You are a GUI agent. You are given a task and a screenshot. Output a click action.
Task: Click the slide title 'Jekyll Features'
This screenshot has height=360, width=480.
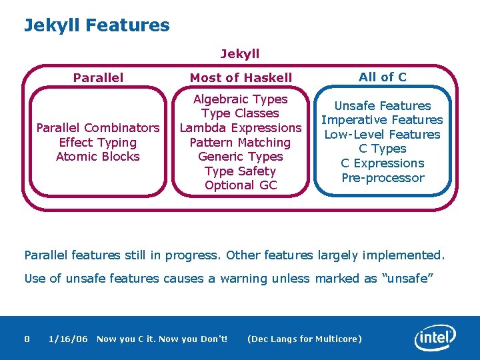click(x=97, y=26)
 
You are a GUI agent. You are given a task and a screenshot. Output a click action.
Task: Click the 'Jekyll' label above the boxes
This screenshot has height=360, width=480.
click(x=240, y=53)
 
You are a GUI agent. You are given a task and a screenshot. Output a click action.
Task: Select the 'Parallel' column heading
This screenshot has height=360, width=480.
click(x=98, y=77)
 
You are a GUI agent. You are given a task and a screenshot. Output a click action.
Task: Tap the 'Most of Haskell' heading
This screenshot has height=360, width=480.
click(x=241, y=78)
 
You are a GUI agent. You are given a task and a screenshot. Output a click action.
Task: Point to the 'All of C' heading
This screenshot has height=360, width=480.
click(x=382, y=77)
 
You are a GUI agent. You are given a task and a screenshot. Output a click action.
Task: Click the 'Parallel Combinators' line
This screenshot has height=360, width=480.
click(x=98, y=127)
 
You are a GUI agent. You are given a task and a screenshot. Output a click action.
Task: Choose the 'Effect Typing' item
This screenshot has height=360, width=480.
click(x=98, y=142)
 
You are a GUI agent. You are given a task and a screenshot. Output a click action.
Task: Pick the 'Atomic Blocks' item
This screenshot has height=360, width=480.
click(x=98, y=157)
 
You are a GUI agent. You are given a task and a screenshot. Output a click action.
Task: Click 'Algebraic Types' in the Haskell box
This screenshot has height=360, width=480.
click(x=240, y=99)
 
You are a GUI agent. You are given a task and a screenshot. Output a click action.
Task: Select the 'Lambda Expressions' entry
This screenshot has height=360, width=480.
click(x=240, y=127)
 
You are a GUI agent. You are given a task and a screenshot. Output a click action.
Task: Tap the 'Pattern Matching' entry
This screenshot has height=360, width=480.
click(x=240, y=142)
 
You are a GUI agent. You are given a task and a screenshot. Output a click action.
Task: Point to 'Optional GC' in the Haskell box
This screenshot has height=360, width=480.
click(x=240, y=185)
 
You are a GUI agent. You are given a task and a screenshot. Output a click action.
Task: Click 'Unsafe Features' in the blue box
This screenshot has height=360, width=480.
click(x=382, y=105)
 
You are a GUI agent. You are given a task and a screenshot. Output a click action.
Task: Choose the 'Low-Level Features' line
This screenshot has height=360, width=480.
click(x=382, y=134)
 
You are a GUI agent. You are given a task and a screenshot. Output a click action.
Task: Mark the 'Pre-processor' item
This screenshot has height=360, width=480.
click(x=382, y=177)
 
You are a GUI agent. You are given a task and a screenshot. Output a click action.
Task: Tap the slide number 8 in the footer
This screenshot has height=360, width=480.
click(x=27, y=339)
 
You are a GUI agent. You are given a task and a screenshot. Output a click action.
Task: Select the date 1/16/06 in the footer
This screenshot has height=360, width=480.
click(x=68, y=339)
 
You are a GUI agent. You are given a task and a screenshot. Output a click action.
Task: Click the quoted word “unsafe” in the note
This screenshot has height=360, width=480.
click(x=407, y=279)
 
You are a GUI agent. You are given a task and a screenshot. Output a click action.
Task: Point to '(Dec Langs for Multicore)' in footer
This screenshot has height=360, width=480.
click(x=304, y=339)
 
